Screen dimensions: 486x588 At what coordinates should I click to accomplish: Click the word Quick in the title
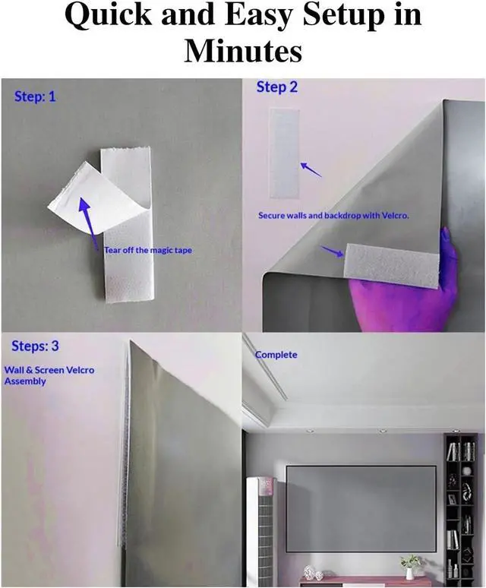point(108,15)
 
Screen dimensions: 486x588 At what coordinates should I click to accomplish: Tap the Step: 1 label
point(35,96)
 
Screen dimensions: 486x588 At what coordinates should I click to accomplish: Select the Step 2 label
point(277,87)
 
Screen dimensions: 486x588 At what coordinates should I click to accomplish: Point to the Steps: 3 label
point(35,346)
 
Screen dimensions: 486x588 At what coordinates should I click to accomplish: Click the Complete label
point(276,355)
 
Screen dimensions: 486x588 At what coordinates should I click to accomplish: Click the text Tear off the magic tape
point(148,250)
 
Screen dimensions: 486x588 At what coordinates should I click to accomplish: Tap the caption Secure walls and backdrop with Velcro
point(333,216)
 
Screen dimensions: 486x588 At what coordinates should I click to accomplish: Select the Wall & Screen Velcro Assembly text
point(49,375)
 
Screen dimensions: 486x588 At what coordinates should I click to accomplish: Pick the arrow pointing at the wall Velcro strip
point(311,169)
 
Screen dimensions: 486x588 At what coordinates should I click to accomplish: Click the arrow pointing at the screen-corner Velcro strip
point(333,251)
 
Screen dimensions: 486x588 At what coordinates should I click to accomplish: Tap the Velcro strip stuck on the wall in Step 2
point(285,153)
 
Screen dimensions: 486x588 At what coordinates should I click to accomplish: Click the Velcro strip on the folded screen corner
point(392,264)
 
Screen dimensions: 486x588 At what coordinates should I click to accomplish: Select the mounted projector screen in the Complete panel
point(361,508)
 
